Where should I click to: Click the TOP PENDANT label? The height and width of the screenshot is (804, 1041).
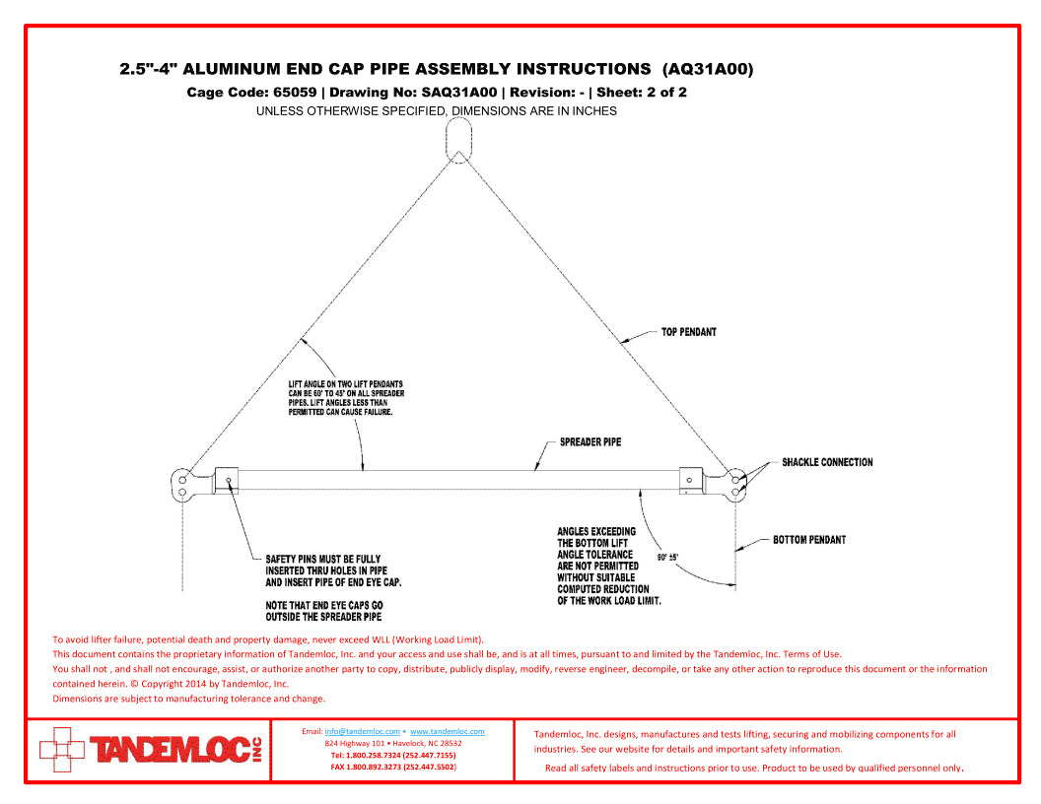point(688,332)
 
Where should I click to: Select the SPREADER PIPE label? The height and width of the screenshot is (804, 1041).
point(590,441)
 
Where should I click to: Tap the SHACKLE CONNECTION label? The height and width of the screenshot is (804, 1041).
point(827,462)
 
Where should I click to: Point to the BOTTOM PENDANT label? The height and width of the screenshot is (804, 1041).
point(809,540)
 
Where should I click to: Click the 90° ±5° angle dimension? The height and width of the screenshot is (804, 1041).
point(668,558)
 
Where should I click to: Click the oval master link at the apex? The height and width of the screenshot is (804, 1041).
point(458,139)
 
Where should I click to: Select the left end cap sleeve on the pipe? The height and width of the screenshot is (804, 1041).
point(227,480)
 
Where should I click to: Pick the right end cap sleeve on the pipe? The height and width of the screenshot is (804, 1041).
point(690,480)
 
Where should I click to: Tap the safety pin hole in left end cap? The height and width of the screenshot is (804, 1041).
point(229,480)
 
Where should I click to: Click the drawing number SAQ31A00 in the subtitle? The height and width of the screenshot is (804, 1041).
point(458,93)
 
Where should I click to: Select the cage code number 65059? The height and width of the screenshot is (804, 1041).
point(295,93)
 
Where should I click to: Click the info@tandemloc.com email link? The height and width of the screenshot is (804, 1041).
point(362,731)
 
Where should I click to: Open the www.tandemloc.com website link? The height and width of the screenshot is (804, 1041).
point(447,731)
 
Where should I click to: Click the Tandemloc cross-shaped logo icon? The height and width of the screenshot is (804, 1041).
point(62,750)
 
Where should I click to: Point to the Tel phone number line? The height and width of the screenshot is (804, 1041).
point(393,755)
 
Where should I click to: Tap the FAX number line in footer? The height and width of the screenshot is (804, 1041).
point(393,767)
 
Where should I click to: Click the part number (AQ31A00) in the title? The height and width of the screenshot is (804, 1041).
point(708,69)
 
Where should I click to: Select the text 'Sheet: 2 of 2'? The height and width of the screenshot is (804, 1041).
point(642,93)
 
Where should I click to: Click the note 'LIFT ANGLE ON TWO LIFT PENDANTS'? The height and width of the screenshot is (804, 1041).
point(346,384)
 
